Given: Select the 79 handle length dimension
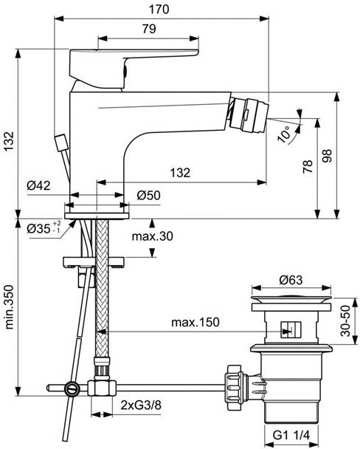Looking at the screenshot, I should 148,29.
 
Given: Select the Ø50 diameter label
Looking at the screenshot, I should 149,195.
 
